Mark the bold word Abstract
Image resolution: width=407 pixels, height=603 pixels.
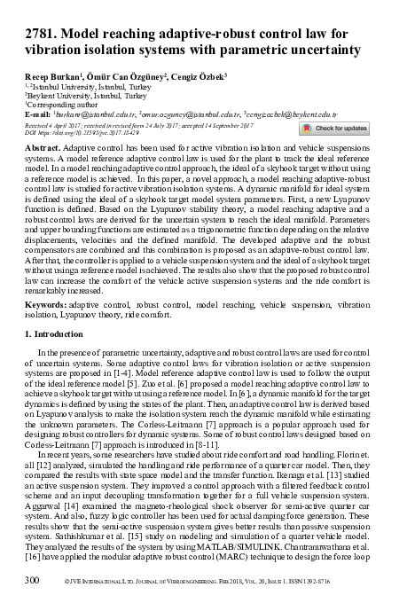coord(42,147)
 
